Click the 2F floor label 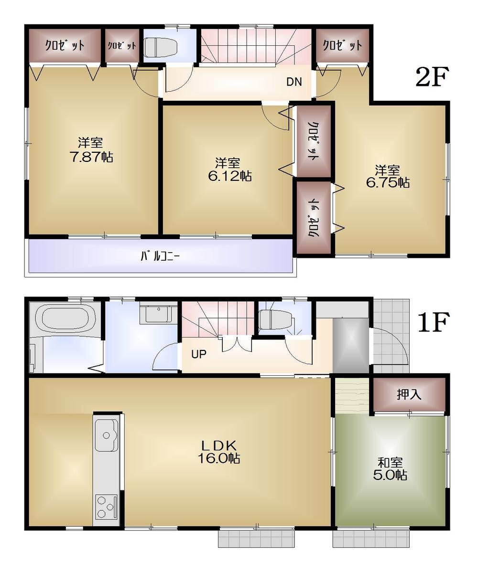[432, 77]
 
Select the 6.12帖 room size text [229, 176]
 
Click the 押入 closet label [409, 394]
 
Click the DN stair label [294, 82]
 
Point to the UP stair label [199, 355]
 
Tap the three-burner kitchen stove [106, 507]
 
